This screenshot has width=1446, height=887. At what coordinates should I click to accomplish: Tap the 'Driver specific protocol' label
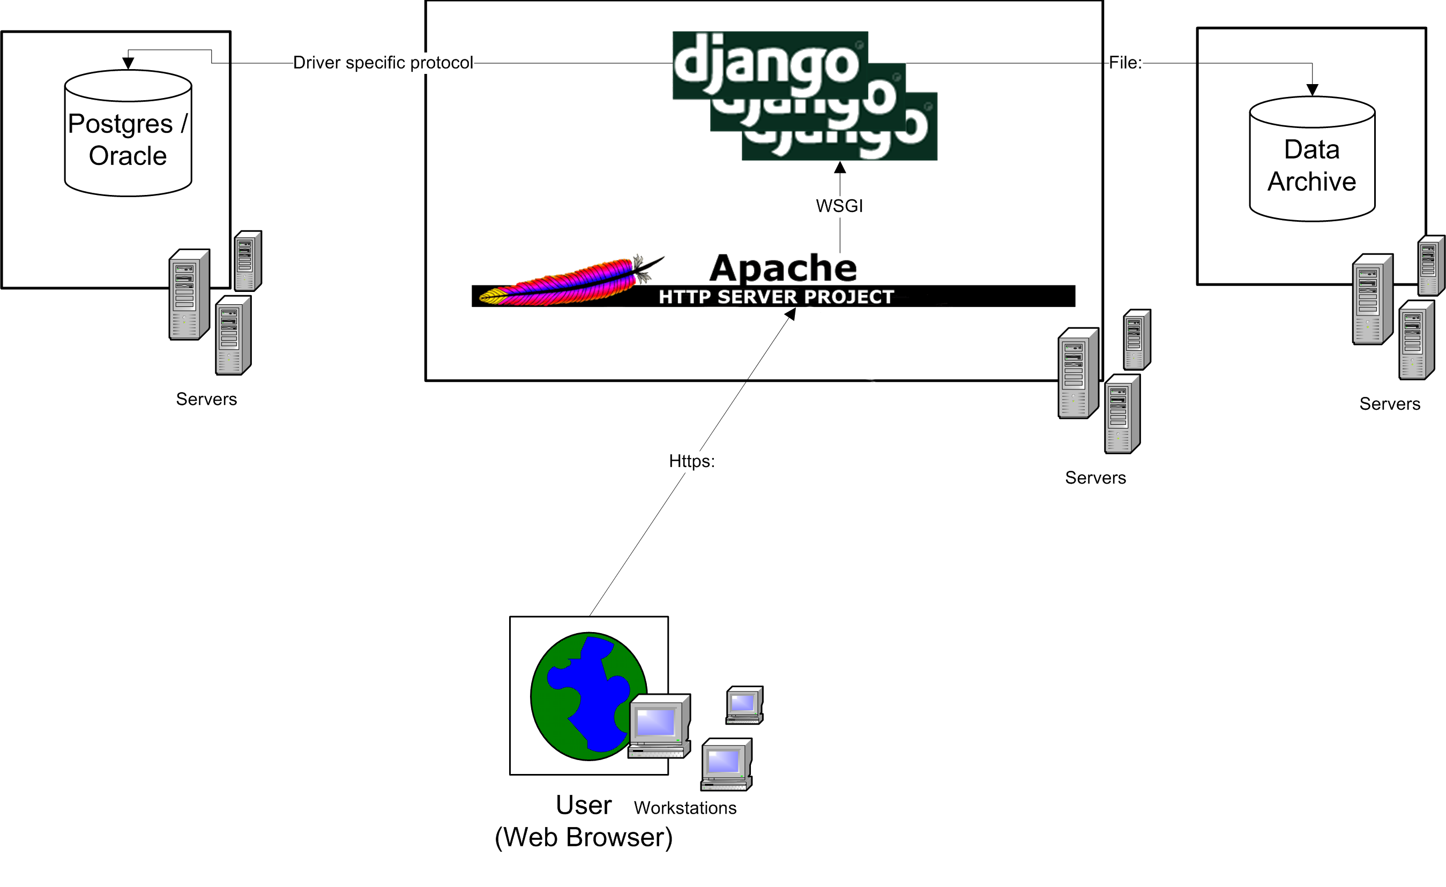coord(383,63)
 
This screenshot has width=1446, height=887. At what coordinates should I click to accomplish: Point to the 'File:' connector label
coord(1125,63)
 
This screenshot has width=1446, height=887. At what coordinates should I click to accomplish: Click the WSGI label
coord(839,206)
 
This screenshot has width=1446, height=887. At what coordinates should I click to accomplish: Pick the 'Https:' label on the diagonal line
coord(692,461)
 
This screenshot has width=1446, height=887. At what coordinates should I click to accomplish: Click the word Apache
coord(783,268)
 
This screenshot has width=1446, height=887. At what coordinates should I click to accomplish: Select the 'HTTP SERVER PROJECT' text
coord(776,297)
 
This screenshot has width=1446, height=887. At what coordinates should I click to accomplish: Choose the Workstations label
coord(685,808)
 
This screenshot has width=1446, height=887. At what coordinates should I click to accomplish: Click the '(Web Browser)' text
coord(583,837)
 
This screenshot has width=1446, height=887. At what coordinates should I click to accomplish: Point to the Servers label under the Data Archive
coord(1390,404)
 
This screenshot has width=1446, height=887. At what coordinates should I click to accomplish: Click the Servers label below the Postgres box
coord(206,399)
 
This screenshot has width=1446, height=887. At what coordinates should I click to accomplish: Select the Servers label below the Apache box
coord(1095,478)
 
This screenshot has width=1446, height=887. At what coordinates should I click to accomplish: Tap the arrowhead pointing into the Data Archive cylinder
coord(1312,90)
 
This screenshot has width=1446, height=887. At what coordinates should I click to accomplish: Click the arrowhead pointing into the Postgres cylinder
coord(128,63)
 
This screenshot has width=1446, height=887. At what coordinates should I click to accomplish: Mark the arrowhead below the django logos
coord(840,168)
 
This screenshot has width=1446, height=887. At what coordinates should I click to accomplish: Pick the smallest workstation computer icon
coord(744,704)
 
